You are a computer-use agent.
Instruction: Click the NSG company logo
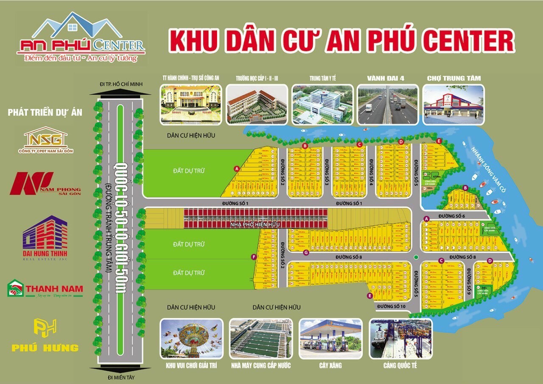45,138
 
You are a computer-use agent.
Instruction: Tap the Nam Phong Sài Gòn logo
45,183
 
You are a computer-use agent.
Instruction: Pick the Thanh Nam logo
45,289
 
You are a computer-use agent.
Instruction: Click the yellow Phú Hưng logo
45,335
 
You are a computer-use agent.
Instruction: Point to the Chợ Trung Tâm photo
453,105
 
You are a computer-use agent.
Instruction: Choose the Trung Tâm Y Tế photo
322,105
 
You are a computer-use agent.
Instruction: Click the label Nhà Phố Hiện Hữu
255,224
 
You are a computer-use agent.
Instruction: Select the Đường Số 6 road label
452,216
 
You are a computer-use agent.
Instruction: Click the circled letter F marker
254,257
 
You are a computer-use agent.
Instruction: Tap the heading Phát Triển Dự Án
45,112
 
